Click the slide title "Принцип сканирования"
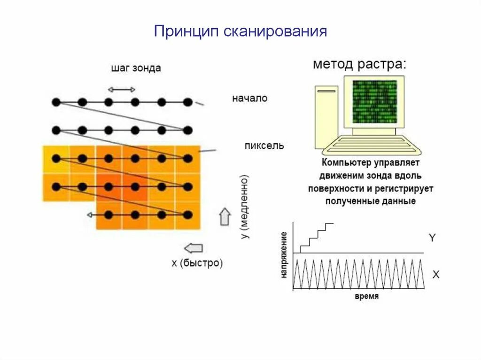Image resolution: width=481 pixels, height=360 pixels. pyautogui.click(x=240, y=31)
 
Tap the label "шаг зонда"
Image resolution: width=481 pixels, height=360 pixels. pyautogui.click(x=136, y=68)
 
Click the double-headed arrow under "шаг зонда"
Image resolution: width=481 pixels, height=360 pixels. pyautogui.click(x=122, y=89)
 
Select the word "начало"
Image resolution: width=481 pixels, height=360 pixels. pyautogui.click(x=249, y=99)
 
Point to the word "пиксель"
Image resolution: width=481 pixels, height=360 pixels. pyautogui.click(x=264, y=146)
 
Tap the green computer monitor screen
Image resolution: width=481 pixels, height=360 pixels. pyautogui.click(x=374, y=101)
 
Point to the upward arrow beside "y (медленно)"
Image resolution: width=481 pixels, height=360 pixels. pyautogui.click(x=225, y=216)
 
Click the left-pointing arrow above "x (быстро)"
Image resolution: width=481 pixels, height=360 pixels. pyautogui.click(x=194, y=247)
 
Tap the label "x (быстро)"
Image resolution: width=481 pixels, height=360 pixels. pyautogui.click(x=197, y=263)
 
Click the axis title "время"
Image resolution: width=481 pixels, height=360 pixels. pyautogui.click(x=367, y=297)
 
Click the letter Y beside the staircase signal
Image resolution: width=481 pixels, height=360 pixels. pyautogui.click(x=432, y=238)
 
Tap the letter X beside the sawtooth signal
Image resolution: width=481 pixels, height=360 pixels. pyautogui.click(x=436, y=275)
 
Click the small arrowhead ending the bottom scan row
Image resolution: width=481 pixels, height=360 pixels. pyautogui.click(x=89, y=215)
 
